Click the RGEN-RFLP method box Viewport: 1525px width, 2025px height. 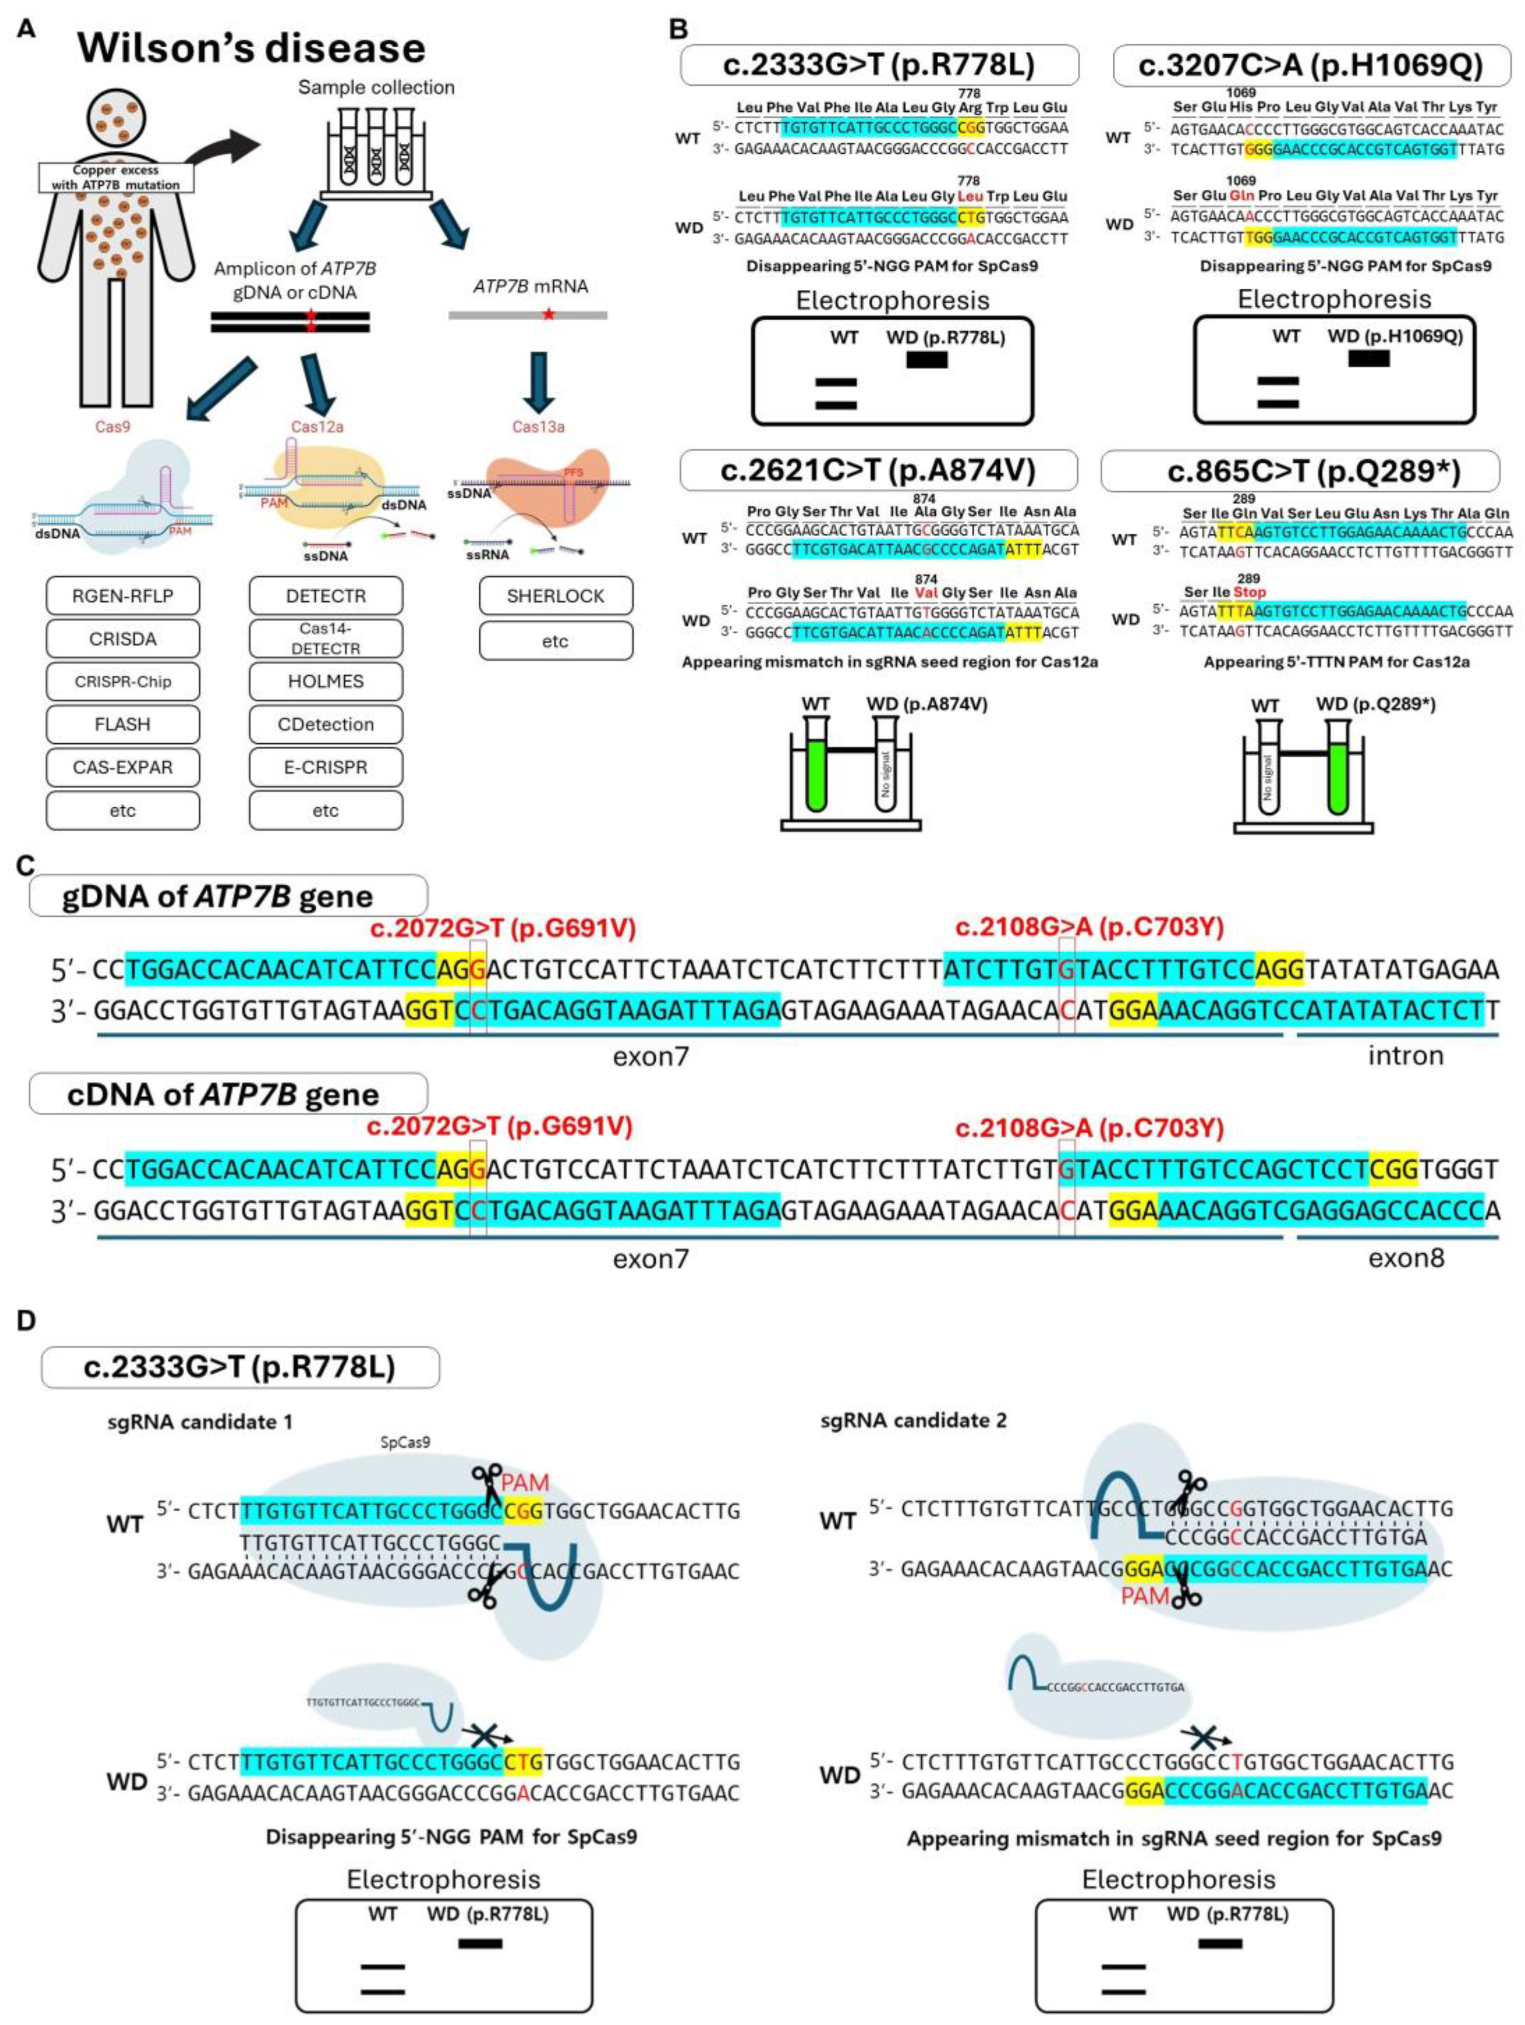[123, 596]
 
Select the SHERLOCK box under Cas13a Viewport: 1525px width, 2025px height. [555, 596]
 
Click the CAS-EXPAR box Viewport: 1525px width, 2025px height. [123, 767]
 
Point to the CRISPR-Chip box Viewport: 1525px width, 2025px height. [123, 681]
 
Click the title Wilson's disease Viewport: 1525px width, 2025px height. [251, 47]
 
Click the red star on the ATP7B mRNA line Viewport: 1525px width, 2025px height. [548, 314]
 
